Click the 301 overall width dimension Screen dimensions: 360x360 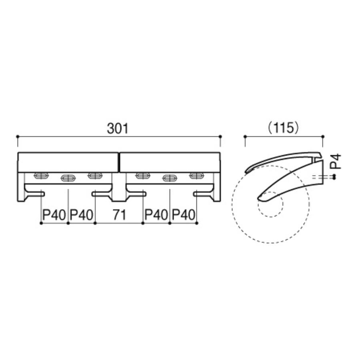pos(118,128)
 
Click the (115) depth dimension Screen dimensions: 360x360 pos(284,128)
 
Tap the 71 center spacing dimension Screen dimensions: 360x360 pos(119,215)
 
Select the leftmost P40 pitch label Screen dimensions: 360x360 pos(54,215)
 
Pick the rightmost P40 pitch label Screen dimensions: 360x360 pos(184,215)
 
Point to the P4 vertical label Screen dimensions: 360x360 pos(336,162)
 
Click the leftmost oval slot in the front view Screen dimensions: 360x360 pos(41,176)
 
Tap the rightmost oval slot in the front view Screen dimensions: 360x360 pos(196,176)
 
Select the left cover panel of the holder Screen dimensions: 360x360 pos(68,162)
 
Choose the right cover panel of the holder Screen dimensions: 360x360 pos(170,162)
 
